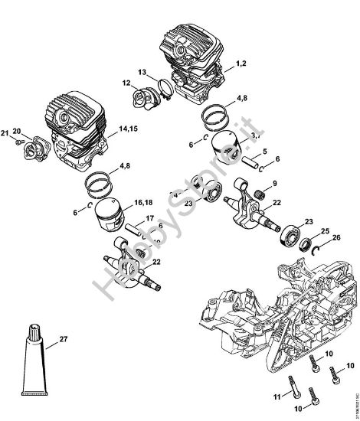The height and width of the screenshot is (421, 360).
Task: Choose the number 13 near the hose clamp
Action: click(x=142, y=72)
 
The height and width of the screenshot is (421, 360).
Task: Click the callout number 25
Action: click(x=325, y=231)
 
